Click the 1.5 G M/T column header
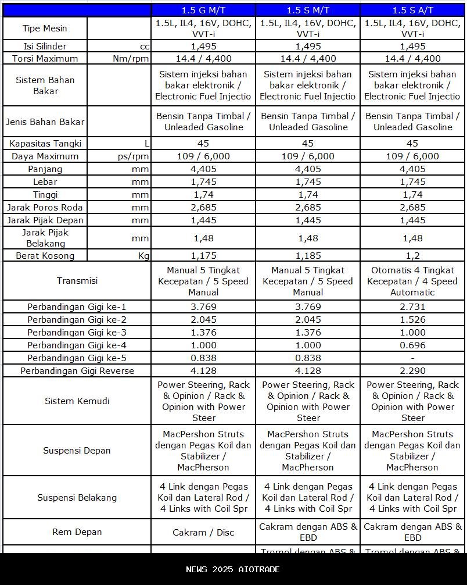click(203, 10)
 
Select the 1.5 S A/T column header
click(412, 10)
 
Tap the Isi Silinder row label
click(45, 46)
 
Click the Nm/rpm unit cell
click(131, 58)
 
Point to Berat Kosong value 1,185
click(308, 255)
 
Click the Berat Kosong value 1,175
click(203, 255)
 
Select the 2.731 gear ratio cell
click(412, 306)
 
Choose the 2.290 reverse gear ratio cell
click(412, 370)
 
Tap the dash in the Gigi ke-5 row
click(412, 358)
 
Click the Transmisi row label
click(77, 281)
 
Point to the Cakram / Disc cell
click(203, 532)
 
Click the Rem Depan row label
click(77, 532)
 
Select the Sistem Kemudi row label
click(77, 401)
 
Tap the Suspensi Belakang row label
click(77, 498)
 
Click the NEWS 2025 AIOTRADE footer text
click(233, 569)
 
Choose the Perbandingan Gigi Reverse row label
click(77, 370)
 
